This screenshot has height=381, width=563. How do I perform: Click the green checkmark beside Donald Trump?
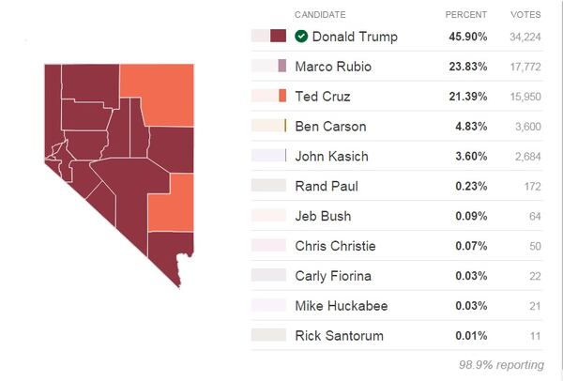tap(301, 37)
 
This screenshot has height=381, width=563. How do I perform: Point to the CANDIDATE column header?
tap(320, 14)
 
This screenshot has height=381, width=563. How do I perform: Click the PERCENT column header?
tap(466, 14)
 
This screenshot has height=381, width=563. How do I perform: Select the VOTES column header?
tap(525, 14)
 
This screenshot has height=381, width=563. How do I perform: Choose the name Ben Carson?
tap(330, 126)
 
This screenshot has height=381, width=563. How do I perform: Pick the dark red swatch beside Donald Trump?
tap(278, 37)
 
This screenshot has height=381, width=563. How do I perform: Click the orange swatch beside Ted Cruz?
tap(282, 96)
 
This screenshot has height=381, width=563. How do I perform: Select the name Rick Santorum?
tap(338, 335)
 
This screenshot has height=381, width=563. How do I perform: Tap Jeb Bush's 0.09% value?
tap(472, 216)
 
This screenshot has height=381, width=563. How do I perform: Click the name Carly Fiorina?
tap(333, 275)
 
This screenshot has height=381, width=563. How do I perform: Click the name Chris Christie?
tap(335, 246)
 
